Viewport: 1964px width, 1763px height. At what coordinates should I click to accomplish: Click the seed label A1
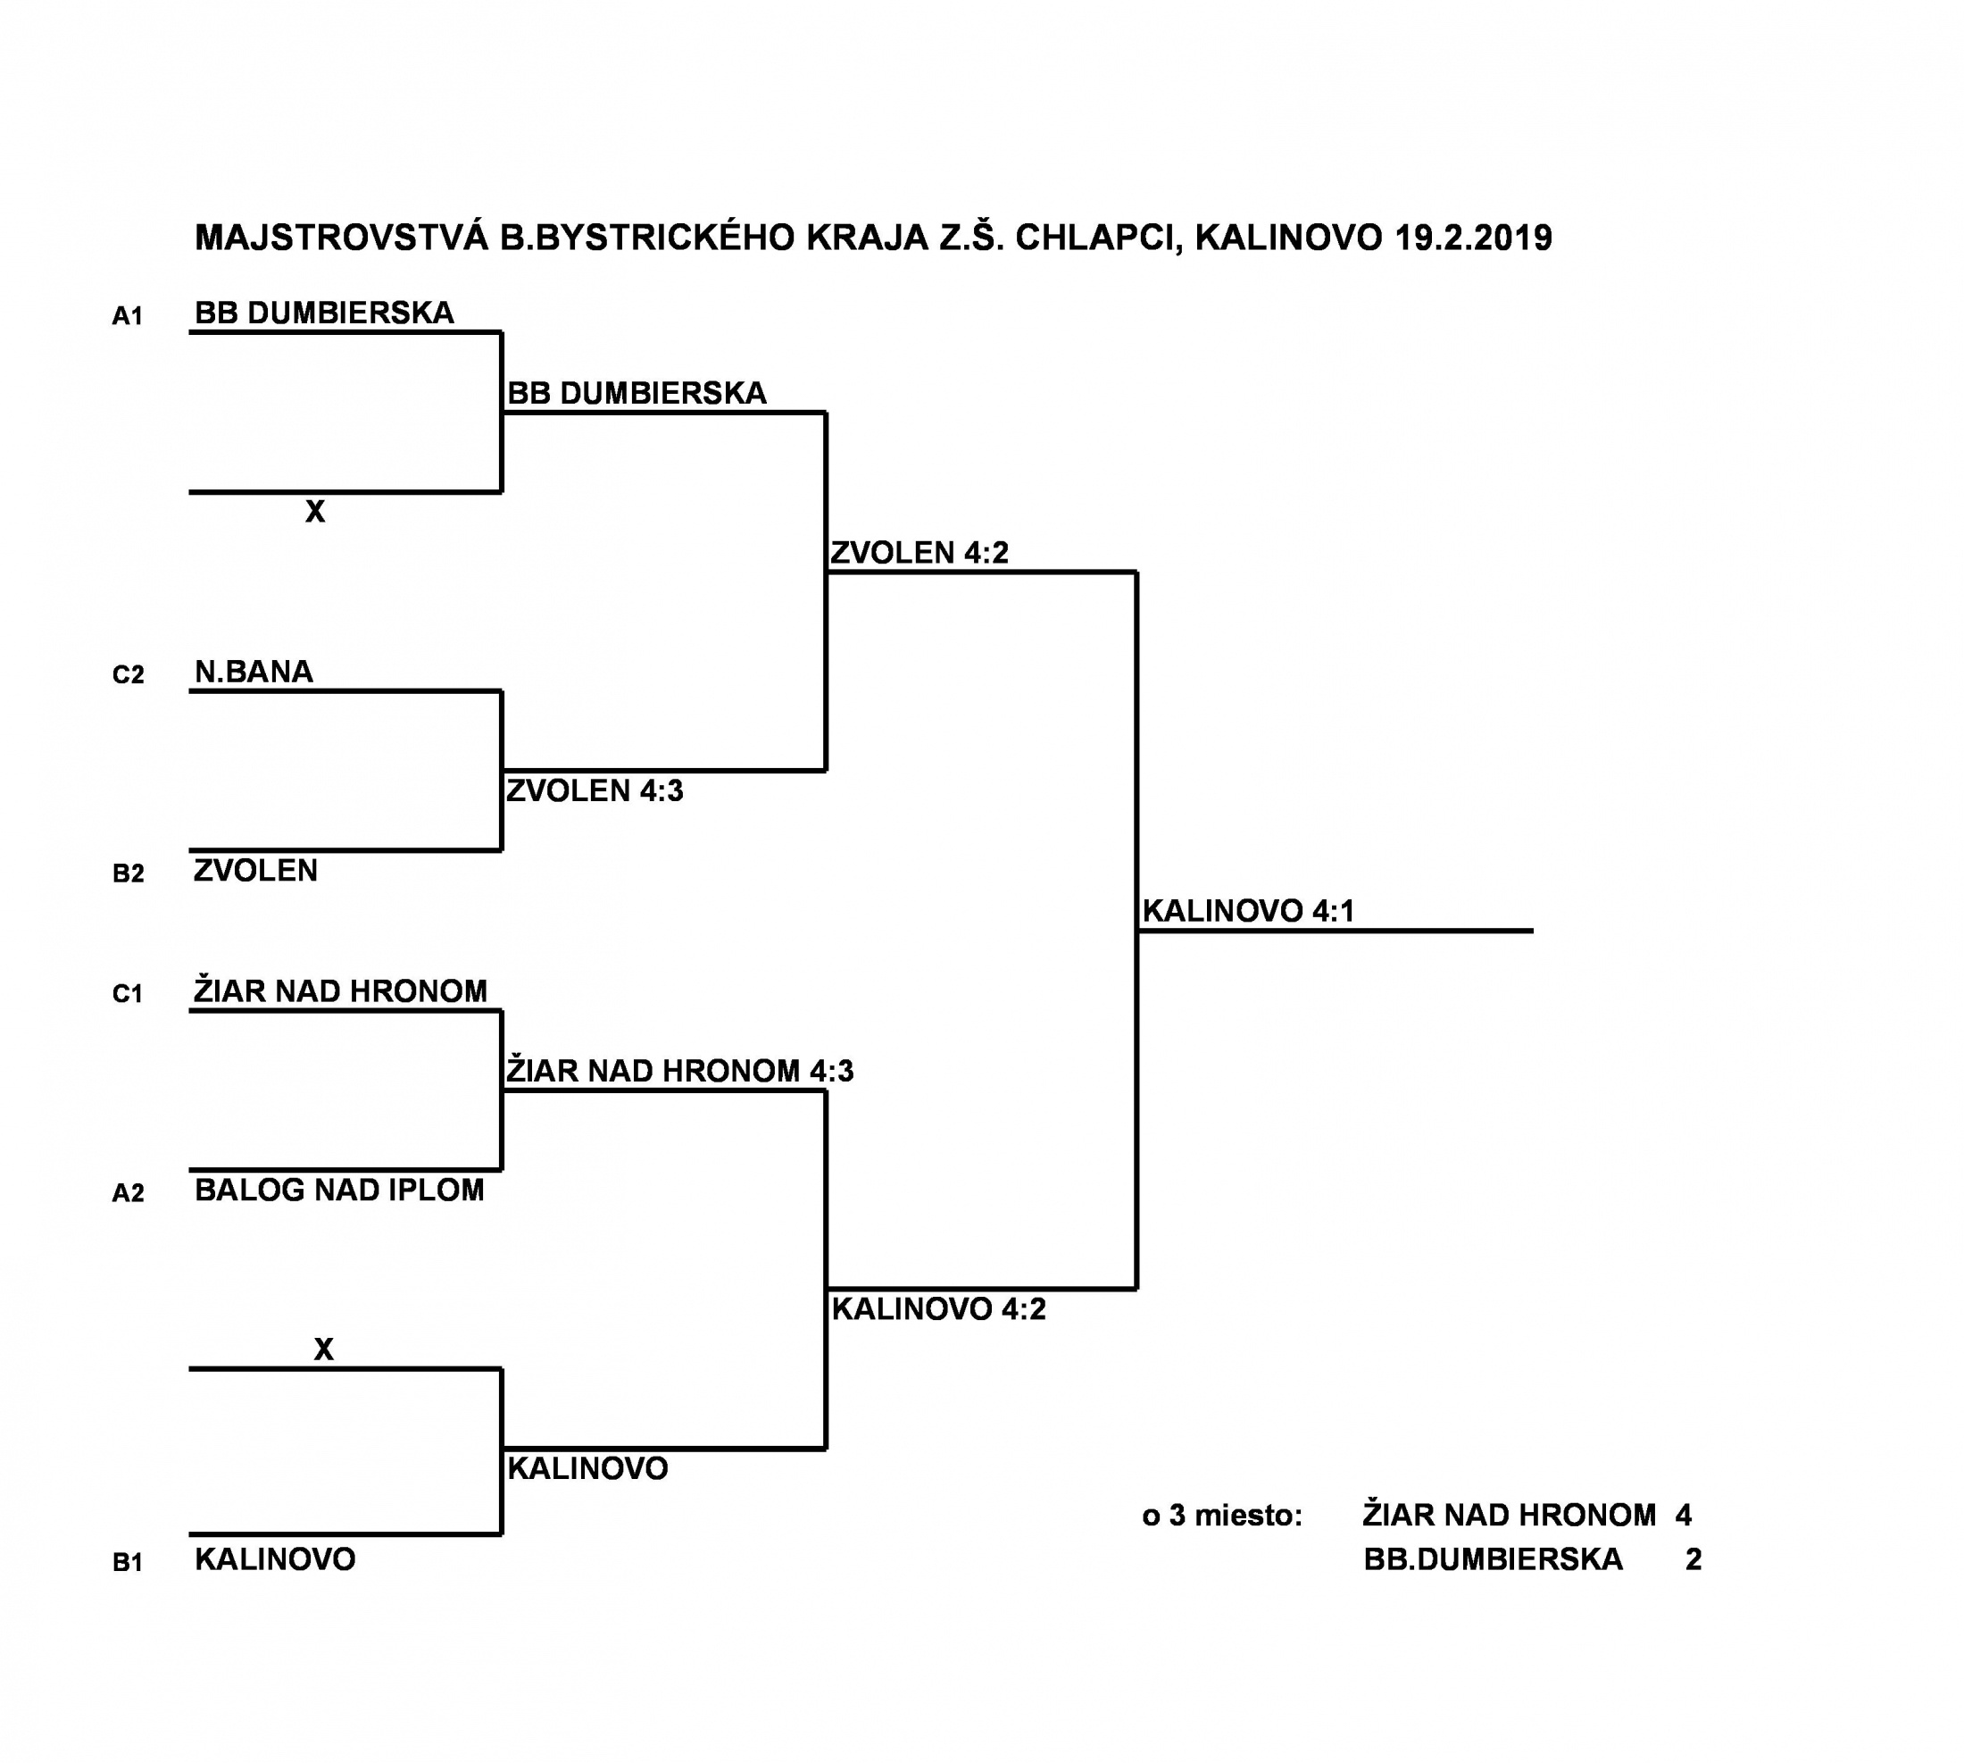point(128,316)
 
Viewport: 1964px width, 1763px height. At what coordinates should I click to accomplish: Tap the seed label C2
point(128,674)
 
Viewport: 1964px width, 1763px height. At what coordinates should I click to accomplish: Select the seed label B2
point(128,873)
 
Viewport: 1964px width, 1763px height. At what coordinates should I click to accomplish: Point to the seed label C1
point(128,993)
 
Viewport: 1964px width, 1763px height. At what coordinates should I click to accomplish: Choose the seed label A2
point(128,1192)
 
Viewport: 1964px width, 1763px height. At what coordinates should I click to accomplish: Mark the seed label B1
point(128,1561)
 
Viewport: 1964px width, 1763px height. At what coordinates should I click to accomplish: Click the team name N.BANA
point(254,672)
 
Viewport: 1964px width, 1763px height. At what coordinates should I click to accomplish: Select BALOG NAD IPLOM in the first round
point(339,1190)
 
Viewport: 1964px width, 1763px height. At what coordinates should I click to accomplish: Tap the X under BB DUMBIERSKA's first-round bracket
point(315,512)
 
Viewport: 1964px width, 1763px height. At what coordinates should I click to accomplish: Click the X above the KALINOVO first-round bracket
point(323,1349)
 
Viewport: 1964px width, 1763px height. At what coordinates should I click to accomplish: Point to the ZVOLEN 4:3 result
point(595,790)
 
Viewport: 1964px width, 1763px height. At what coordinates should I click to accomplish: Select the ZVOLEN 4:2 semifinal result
point(919,552)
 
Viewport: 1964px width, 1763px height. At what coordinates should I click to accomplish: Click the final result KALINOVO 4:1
point(1247,911)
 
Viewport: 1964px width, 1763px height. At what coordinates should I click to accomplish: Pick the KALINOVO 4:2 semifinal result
point(938,1308)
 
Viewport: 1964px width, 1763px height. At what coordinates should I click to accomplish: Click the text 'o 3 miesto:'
point(1222,1515)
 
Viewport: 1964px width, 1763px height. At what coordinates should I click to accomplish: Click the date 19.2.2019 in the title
point(1473,238)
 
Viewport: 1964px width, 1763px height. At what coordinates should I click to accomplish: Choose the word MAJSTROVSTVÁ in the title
point(342,238)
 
